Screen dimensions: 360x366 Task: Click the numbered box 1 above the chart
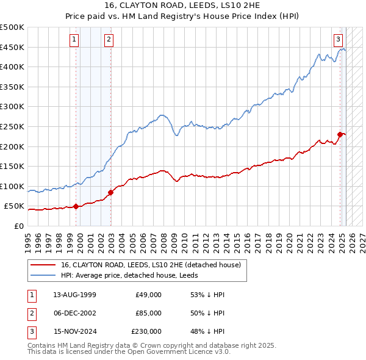74,40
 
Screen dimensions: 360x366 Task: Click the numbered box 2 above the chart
108,40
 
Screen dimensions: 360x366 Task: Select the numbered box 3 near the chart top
338,40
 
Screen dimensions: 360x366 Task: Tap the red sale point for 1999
76,206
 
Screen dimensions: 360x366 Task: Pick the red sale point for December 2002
110,192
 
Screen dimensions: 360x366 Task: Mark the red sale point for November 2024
340,134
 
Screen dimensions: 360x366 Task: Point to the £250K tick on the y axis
12,126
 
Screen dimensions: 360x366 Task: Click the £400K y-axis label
12,67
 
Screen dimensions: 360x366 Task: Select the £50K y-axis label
14,206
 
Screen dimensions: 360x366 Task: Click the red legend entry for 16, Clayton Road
151,265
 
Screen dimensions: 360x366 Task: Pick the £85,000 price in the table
149,313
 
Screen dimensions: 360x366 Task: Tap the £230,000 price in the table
146,331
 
